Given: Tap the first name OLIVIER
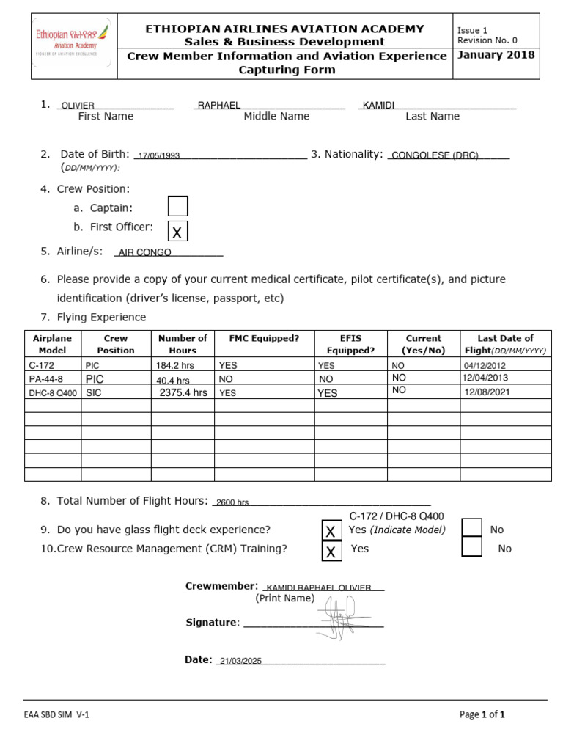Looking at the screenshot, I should tap(78, 106).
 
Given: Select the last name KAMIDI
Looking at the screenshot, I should tap(379, 106).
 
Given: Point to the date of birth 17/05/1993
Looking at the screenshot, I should tap(159, 155).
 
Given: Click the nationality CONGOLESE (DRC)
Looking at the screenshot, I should tap(435, 155).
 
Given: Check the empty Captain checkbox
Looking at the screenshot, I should tap(177, 207).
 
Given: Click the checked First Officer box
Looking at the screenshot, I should tap(177, 232).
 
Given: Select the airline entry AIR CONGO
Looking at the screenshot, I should tap(145, 252).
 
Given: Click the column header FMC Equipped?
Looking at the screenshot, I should tap(264, 338).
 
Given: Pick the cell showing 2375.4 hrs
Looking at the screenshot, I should tap(183, 392).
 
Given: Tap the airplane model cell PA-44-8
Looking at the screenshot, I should tap(45, 378).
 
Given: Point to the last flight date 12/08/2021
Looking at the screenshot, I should tap(487, 392).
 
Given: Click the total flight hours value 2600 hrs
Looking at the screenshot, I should tap(233, 502).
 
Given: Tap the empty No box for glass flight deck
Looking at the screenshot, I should tap(472, 529).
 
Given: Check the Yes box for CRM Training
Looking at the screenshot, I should tap(331, 550).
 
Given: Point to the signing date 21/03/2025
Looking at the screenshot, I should tap(240, 661).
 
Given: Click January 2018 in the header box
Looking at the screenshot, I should tap(496, 55).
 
